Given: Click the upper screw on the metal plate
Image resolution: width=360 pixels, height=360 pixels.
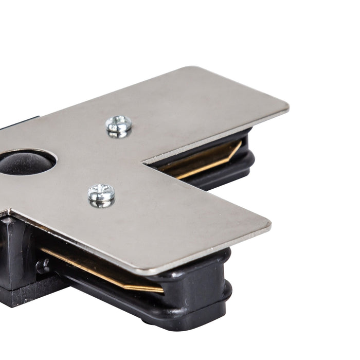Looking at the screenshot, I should tap(119, 125).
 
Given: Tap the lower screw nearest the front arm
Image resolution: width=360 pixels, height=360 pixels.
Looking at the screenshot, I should tap(101, 194).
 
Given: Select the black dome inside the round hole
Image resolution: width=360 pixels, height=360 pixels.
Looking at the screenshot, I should tap(26, 162).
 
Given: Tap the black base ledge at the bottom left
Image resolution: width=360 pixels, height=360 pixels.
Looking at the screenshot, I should tap(21, 298).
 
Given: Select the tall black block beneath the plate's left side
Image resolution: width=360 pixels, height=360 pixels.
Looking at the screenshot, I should tap(15, 252).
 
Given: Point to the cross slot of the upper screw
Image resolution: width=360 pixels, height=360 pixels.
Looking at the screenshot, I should tap(119, 123).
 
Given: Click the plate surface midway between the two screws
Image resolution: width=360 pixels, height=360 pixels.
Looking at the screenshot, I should tap(110, 159).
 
